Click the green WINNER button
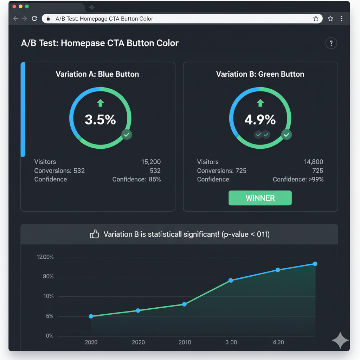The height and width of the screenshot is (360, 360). tap(260, 198)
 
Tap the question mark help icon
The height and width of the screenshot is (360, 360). tap(331, 43)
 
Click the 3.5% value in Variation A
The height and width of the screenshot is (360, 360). tap(100, 120)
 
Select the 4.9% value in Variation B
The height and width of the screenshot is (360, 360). tap(260, 120)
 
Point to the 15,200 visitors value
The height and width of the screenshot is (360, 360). tap(151, 162)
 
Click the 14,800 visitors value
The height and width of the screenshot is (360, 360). tap(314, 162)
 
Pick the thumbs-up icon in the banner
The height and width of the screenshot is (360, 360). tap(95, 234)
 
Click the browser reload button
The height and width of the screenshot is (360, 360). tap(34, 19)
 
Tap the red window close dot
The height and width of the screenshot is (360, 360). tap(14, 7)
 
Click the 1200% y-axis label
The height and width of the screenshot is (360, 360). tap(45, 257)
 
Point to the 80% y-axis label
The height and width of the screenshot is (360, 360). tap(48, 277)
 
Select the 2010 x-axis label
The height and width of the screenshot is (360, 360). tap(185, 342)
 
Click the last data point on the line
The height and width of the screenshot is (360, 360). tap(315, 264)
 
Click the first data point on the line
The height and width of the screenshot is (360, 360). tap(91, 316)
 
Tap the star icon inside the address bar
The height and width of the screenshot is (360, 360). tap(316, 19)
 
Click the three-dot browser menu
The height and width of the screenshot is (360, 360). tap(341, 19)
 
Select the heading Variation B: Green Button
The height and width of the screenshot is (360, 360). tap(260, 74)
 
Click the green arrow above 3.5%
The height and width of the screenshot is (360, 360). tap(100, 103)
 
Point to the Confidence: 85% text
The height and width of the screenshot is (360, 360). tap(136, 179)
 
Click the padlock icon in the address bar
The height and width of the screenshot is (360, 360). tap(49, 19)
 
